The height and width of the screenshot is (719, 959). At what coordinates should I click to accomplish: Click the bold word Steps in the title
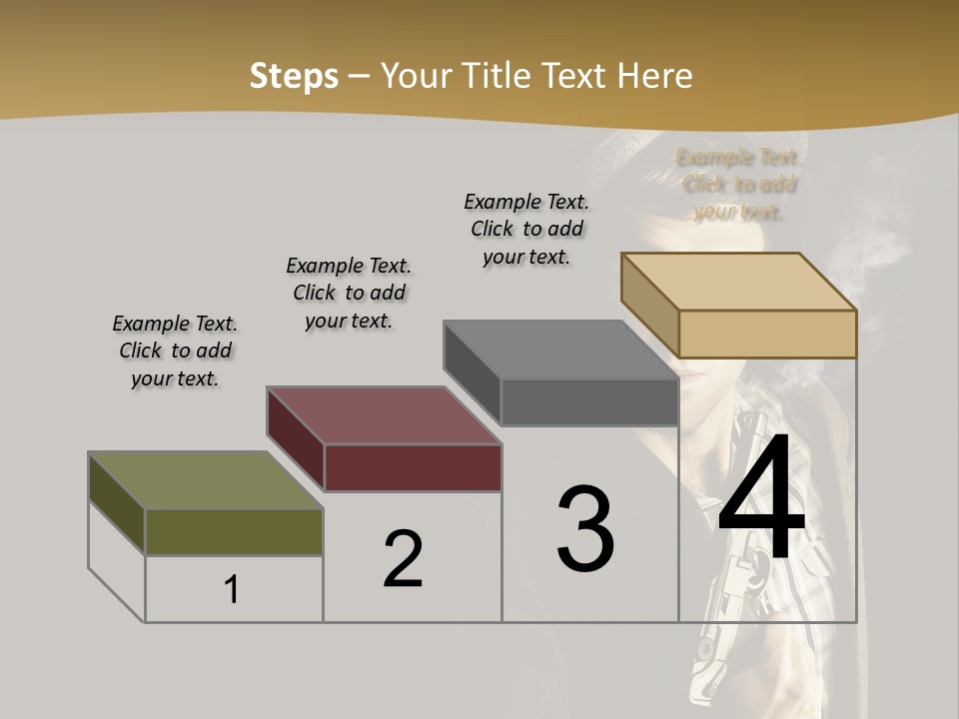pos(294,76)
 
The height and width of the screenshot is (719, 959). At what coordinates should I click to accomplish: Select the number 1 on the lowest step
pos(232,590)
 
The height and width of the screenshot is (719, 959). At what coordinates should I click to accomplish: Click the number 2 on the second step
pos(403,559)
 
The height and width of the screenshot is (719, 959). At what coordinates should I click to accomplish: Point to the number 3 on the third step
pos(585,529)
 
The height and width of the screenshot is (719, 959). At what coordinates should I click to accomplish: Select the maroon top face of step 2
pos(384,415)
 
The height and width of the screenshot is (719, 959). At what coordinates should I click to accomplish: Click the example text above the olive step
pos(175,351)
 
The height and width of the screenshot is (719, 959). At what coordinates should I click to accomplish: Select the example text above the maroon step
pos(349,293)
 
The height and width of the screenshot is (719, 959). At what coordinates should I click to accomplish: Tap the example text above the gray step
pos(526,229)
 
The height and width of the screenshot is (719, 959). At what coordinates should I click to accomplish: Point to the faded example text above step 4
pos(739,184)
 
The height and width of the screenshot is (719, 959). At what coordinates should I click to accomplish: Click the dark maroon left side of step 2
pos(296,439)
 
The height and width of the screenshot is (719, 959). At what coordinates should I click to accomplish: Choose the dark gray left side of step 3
pos(473,373)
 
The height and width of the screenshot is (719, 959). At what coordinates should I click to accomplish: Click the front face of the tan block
pos(767,334)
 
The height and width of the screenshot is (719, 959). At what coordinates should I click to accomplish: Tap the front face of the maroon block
pos(413,467)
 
